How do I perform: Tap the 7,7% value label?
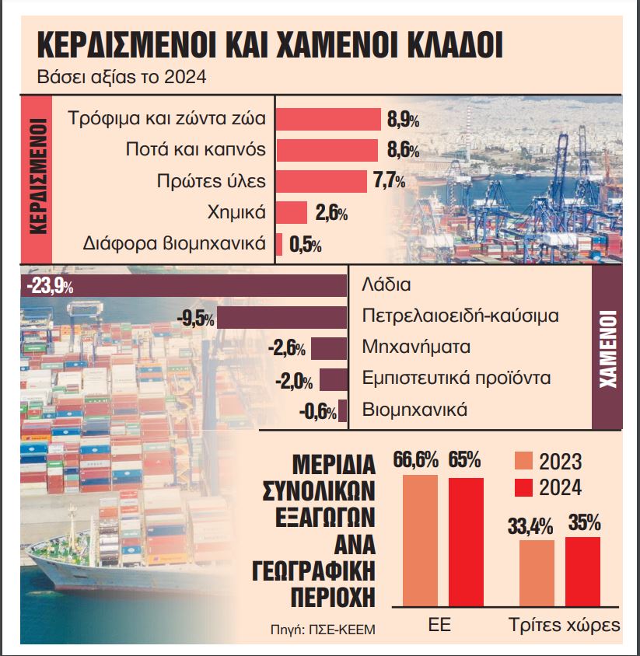click(389, 181)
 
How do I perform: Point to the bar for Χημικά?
click(292, 212)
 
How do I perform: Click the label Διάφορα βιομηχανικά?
click(174, 243)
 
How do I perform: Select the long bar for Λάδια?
click(210, 285)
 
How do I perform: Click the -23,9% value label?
click(48, 286)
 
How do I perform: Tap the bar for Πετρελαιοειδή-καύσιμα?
click(282, 318)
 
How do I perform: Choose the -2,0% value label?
click(295, 381)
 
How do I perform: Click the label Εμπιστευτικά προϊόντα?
click(456, 378)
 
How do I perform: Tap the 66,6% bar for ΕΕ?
click(420, 540)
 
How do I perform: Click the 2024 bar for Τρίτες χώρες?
click(582, 571)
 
